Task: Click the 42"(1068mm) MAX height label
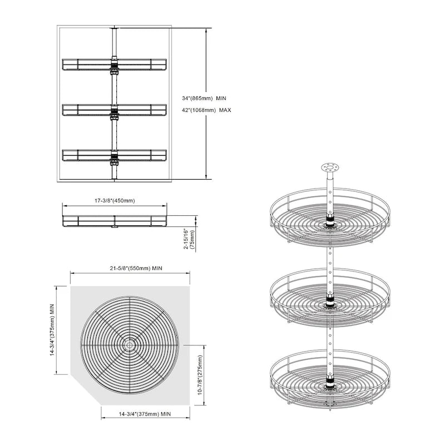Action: click(206, 110)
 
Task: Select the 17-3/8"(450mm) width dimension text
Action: click(114, 200)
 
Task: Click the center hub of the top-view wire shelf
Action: click(130, 345)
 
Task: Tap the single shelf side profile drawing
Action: click(114, 221)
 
